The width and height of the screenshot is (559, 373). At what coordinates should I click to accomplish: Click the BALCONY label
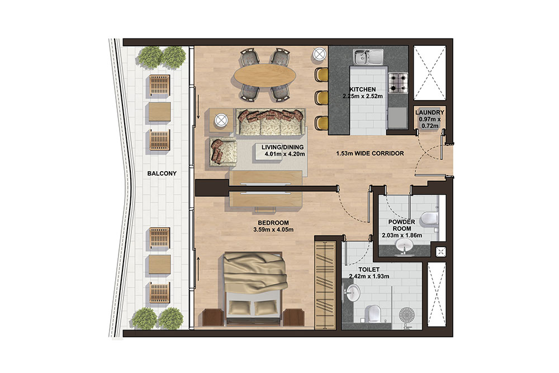pyautogui.click(x=162, y=173)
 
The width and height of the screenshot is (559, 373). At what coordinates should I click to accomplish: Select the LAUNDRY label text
pyautogui.click(x=430, y=112)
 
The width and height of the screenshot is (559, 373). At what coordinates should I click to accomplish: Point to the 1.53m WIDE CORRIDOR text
pyautogui.click(x=369, y=153)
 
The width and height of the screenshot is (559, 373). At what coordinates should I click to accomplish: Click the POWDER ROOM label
pyautogui.click(x=401, y=225)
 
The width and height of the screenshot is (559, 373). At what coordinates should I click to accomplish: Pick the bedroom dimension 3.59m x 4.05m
pyautogui.click(x=273, y=229)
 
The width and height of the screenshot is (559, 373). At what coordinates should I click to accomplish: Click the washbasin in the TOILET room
pyautogui.click(x=352, y=291)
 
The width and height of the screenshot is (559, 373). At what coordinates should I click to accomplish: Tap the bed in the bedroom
pyautogui.click(x=255, y=287)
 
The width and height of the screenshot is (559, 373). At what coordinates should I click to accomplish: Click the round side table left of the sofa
pyautogui.click(x=221, y=120)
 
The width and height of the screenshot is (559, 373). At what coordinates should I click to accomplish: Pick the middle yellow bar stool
pyautogui.click(x=321, y=97)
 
